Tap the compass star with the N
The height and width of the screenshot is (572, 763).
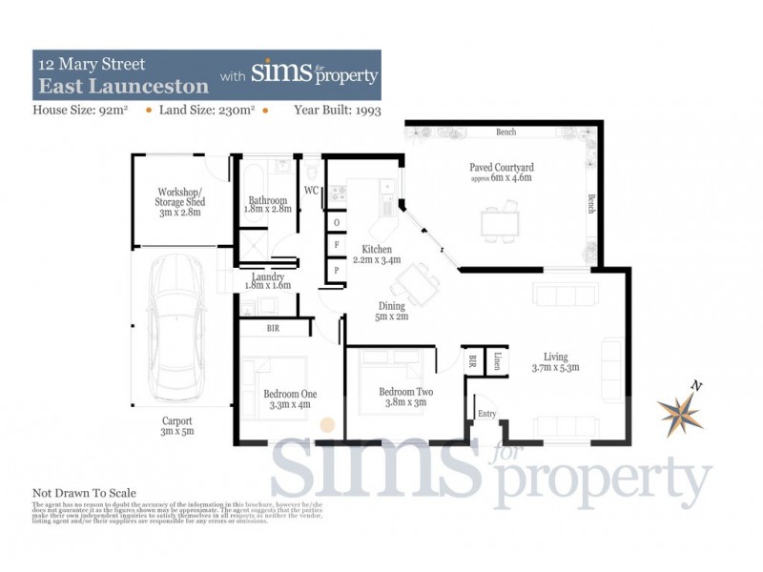pos(680,408)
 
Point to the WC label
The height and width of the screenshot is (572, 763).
pos(311,191)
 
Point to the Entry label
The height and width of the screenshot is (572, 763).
pos(487,413)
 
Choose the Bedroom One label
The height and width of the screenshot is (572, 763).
pos(289,393)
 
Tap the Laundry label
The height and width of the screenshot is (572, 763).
pos(267,276)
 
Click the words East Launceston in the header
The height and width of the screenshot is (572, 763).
pos(122,86)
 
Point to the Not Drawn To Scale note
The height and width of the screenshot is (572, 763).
pos(85,493)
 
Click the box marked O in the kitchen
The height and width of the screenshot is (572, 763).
pos(336,222)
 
